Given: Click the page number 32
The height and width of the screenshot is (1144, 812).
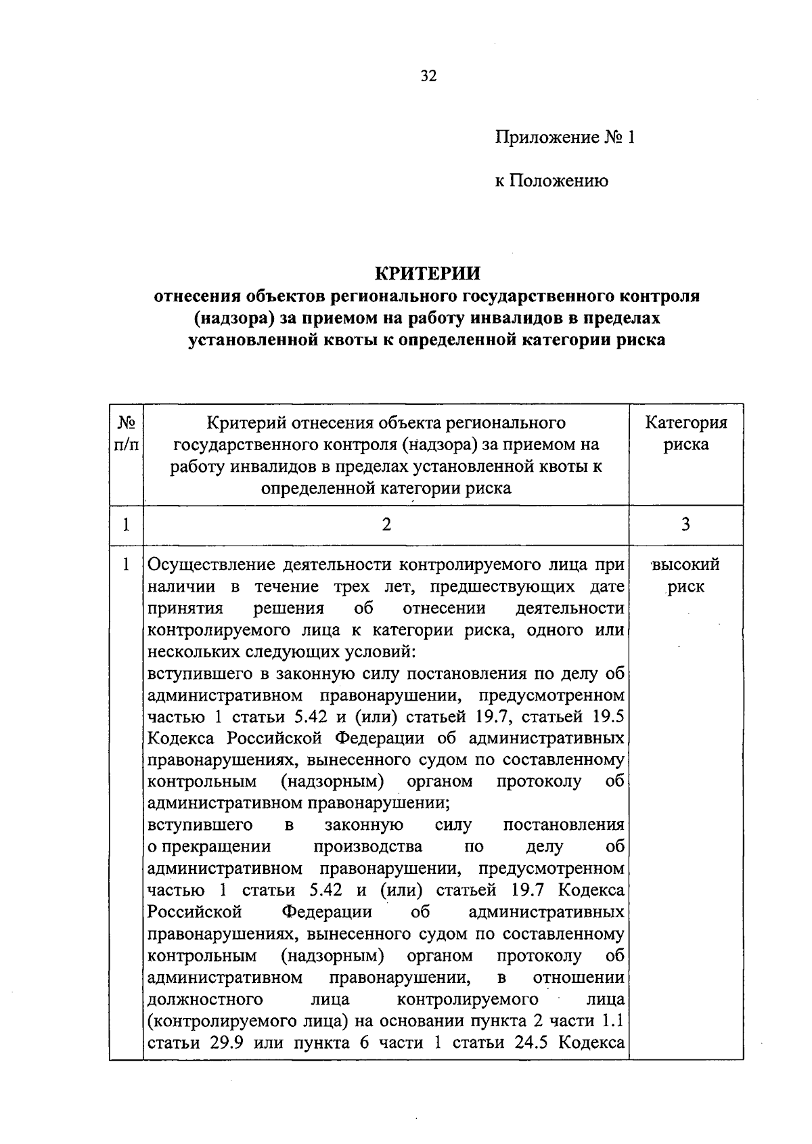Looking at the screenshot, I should pyautogui.click(x=429, y=76).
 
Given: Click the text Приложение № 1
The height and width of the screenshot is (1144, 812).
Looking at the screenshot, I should pyautogui.click(x=565, y=138).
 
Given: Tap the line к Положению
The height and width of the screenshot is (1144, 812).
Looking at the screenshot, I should pyautogui.click(x=551, y=181).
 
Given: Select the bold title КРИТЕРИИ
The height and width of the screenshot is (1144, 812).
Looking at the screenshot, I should pyautogui.click(x=427, y=273).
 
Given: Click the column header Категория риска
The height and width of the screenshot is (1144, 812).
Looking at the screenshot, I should pyautogui.click(x=685, y=434).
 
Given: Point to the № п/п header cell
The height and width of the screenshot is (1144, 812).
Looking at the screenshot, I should pyautogui.click(x=127, y=434).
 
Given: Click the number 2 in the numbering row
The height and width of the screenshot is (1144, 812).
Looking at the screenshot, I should pyautogui.click(x=386, y=524).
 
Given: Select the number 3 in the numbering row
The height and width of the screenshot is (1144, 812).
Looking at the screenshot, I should pyautogui.click(x=685, y=524).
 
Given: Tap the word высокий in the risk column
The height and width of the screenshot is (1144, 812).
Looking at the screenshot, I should pyautogui.click(x=685, y=565).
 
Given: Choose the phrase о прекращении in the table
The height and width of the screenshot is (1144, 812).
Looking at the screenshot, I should pyautogui.click(x=209, y=846).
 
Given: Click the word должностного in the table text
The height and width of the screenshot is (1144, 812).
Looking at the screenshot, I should pyautogui.click(x=205, y=999).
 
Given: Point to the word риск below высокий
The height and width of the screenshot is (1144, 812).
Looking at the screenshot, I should pyautogui.click(x=685, y=587).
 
